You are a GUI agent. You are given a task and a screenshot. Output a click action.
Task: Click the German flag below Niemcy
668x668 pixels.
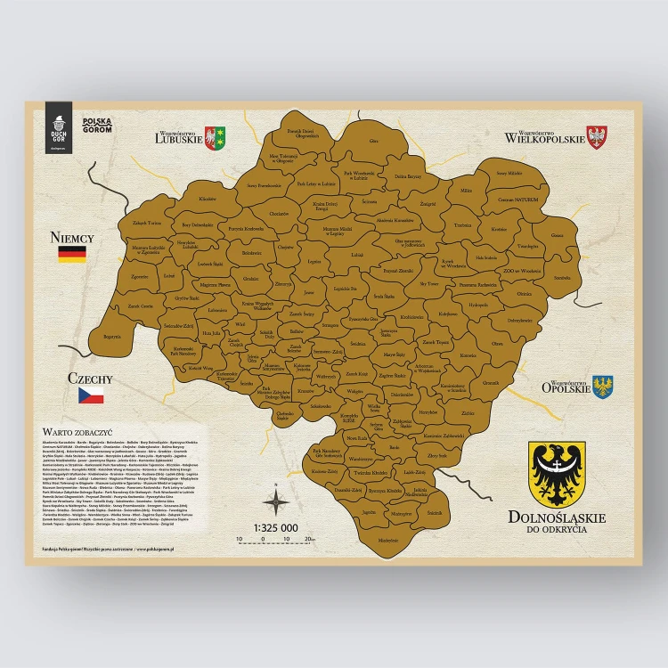tap(71, 254)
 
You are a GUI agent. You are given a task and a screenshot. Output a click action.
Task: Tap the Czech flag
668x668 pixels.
tap(91, 395)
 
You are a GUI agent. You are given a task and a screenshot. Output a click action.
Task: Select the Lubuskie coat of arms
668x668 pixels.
tap(216, 137)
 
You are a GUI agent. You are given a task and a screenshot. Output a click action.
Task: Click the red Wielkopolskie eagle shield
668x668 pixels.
tap(599, 136)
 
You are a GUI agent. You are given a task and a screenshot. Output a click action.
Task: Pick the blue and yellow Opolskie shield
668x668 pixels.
tap(603, 387)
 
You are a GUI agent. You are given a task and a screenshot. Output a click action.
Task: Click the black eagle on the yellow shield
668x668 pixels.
tap(557, 474)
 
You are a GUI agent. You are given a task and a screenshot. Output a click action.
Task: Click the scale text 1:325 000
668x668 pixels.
tap(275, 528)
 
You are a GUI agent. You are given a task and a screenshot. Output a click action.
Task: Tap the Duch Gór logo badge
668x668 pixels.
tap(59, 127)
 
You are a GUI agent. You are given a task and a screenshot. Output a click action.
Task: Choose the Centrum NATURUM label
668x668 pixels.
tap(517, 200)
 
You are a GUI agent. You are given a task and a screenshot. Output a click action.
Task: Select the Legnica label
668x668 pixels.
tap(314, 262)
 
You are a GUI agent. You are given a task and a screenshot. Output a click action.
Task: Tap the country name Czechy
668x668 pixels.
tap(90, 378)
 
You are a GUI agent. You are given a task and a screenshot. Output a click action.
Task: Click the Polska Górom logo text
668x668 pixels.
tap(95, 126)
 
